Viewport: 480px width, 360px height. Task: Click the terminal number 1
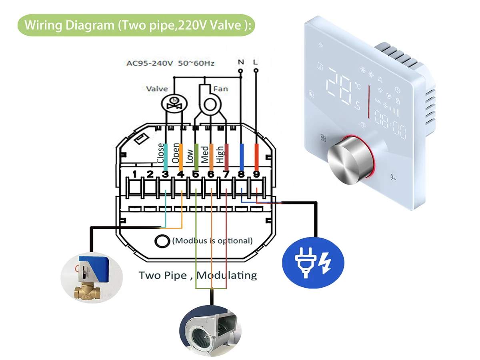[x=134, y=174]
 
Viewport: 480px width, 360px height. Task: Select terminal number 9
[x=256, y=174]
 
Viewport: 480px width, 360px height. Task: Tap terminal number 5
[x=196, y=174]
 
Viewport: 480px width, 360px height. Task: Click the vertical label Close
[x=160, y=153]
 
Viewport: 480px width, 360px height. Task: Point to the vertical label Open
[x=175, y=153]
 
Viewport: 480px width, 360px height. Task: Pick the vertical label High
[x=220, y=154]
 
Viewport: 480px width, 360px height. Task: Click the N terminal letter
[x=241, y=62]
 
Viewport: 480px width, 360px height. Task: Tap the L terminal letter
[x=256, y=62]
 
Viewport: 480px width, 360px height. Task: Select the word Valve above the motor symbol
[x=157, y=89]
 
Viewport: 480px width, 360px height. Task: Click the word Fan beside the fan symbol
[x=220, y=89]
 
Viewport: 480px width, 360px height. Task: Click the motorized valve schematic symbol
[x=174, y=104]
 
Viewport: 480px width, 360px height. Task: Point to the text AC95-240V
[x=150, y=63]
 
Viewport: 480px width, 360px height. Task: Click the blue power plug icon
[x=313, y=263]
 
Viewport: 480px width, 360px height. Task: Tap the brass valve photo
[x=92, y=278]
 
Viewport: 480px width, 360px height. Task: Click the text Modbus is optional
[x=212, y=241]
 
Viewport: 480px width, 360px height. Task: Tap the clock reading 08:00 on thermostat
[x=390, y=124]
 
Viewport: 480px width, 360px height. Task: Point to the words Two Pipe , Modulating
[x=198, y=276]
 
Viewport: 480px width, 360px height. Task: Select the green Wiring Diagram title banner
[x=136, y=25]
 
